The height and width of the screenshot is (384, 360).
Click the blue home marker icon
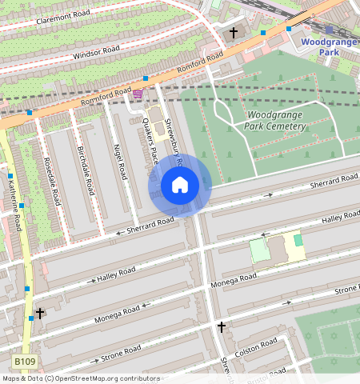click(x=180, y=186)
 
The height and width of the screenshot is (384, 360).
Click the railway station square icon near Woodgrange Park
click(x=329, y=29)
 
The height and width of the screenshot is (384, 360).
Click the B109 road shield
click(x=26, y=362)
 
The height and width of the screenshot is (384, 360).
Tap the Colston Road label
click(x=256, y=348)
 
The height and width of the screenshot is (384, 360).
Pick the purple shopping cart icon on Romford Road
click(x=138, y=94)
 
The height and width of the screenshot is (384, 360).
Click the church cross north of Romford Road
click(x=234, y=34)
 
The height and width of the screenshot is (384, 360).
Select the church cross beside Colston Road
click(x=222, y=327)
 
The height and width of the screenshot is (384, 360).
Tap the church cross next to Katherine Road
click(x=39, y=313)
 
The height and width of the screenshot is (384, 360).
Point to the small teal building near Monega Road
click(x=298, y=240)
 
